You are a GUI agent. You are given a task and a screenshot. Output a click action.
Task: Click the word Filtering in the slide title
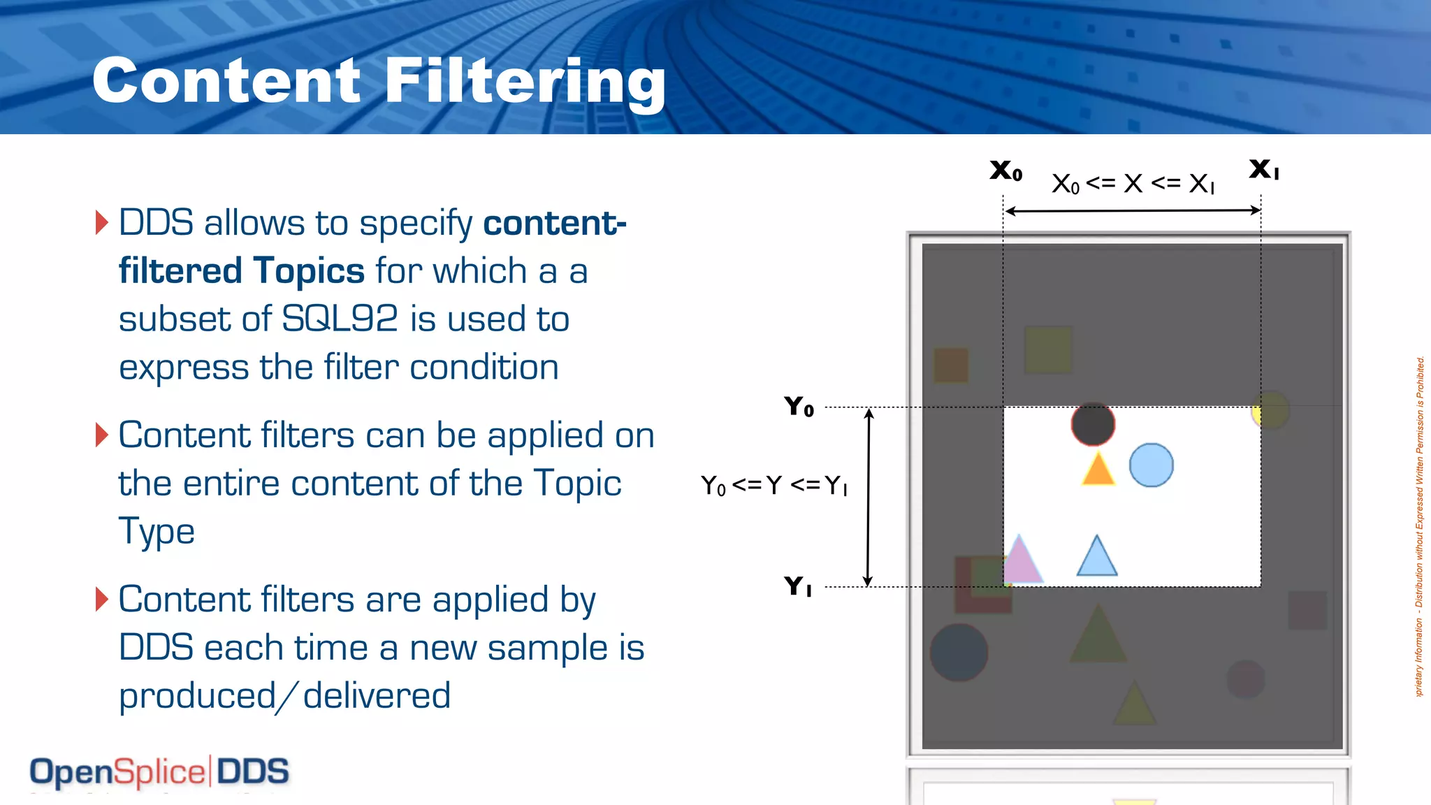(525, 82)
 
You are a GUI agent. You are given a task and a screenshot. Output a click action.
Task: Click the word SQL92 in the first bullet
(340, 319)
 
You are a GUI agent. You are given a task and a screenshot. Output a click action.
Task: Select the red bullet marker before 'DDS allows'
(102, 222)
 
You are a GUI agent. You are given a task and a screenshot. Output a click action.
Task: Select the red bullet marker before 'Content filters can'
(102, 435)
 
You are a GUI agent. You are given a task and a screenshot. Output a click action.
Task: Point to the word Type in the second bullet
(157, 531)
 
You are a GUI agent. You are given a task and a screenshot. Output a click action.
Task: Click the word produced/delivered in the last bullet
(285, 695)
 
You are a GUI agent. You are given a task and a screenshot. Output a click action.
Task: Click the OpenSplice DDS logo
(159, 772)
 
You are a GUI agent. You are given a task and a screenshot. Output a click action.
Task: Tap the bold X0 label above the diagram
(1005, 170)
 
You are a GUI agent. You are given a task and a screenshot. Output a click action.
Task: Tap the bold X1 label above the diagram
(1264, 168)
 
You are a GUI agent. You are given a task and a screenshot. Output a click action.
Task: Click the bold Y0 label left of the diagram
(799, 406)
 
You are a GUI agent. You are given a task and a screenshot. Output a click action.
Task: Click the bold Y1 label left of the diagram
(798, 586)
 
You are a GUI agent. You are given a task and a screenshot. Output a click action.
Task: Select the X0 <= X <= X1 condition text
(1133, 184)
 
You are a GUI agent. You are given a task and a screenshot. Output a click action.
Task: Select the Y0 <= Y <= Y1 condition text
(774, 485)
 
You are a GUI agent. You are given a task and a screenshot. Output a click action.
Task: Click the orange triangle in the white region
(1098, 470)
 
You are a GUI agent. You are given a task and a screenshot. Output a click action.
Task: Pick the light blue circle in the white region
(1151, 465)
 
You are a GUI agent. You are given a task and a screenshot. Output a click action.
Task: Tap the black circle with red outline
(1093, 424)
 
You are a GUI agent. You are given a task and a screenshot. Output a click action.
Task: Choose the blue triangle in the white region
(1097, 557)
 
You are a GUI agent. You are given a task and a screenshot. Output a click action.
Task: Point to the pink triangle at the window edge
(1021, 560)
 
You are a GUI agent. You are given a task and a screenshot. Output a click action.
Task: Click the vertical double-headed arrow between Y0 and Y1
(868, 497)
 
